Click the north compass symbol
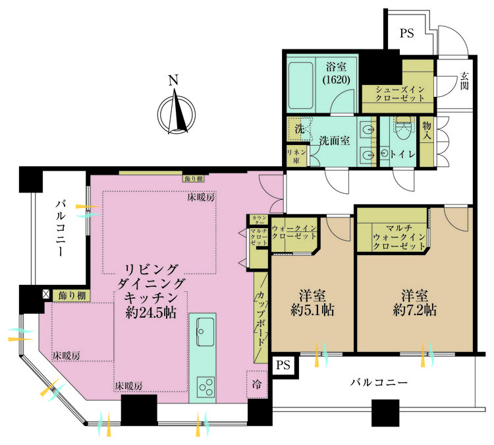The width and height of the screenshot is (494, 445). [x=175, y=112]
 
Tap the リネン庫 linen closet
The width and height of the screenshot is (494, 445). [x=293, y=156]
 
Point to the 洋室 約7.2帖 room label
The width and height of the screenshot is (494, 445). [x=414, y=301]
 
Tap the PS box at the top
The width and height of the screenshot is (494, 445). [x=406, y=34]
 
